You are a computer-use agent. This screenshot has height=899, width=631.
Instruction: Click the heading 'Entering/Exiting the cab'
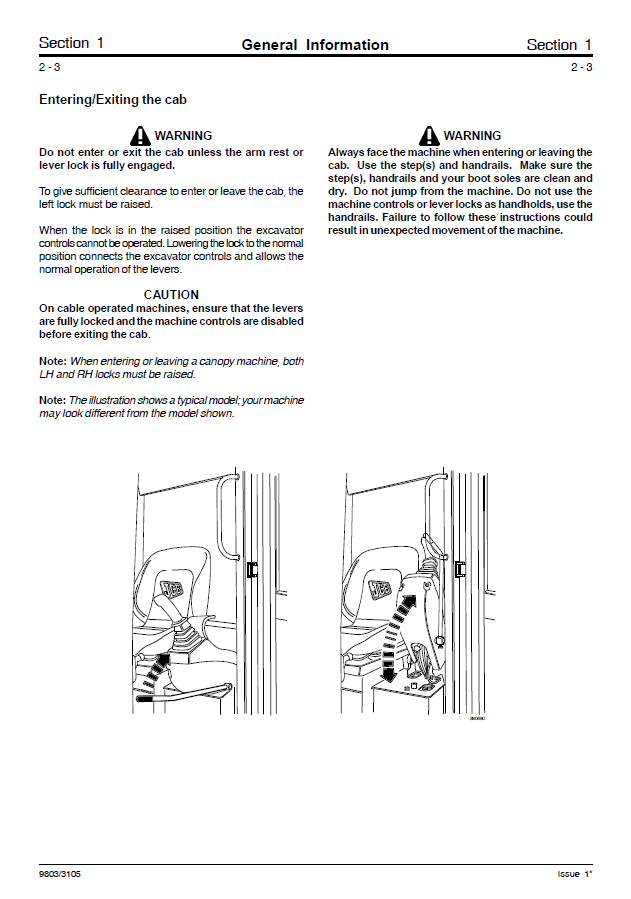click(x=113, y=100)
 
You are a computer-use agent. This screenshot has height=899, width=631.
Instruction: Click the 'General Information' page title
click(x=315, y=44)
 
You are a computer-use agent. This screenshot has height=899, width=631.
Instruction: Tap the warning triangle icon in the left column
click(x=140, y=135)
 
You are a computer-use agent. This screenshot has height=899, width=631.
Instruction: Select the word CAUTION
click(x=171, y=295)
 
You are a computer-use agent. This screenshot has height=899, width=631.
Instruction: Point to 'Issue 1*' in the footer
click(x=574, y=873)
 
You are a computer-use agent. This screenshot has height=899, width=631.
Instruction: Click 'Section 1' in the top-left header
click(x=71, y=43)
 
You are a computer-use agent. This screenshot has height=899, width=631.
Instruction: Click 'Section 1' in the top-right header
click(x=559, y=44)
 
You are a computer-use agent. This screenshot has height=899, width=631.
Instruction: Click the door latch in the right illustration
click(x=460, y=569)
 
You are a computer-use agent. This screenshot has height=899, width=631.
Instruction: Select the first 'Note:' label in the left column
click(x=53, y=360)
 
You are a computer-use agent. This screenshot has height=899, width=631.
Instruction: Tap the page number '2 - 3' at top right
click(x=581, y=67)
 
